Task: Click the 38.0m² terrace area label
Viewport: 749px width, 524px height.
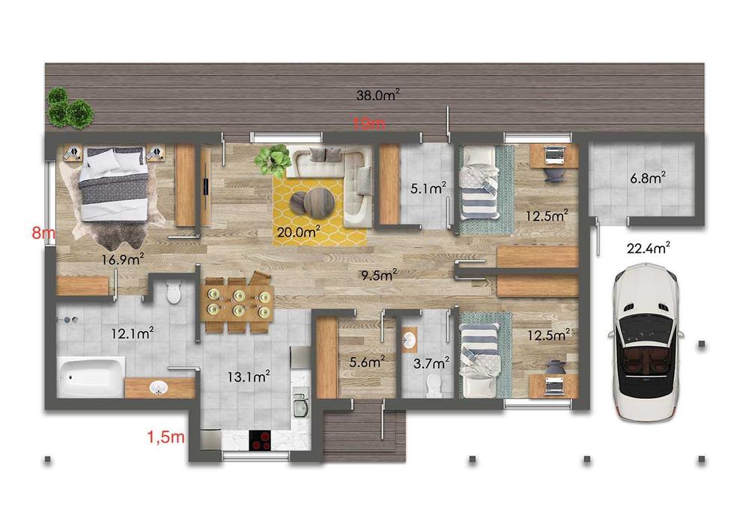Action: [377, 95]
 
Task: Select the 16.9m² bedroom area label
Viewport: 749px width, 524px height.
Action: [123, 260]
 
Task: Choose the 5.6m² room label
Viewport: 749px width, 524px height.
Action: [367, 362]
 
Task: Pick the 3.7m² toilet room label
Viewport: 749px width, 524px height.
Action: [431, 362]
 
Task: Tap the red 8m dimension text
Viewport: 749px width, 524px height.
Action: [43, 233]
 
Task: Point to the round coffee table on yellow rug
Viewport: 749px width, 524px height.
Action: [310, 201]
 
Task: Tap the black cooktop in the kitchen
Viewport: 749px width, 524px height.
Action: [261, 439]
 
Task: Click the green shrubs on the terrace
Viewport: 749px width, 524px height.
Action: [70, 109]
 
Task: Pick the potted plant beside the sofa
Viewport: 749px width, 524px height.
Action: [273, 159]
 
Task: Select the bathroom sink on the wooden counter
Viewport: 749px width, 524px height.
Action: [159, 388]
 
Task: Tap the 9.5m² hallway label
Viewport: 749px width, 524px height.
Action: [378, 275]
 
